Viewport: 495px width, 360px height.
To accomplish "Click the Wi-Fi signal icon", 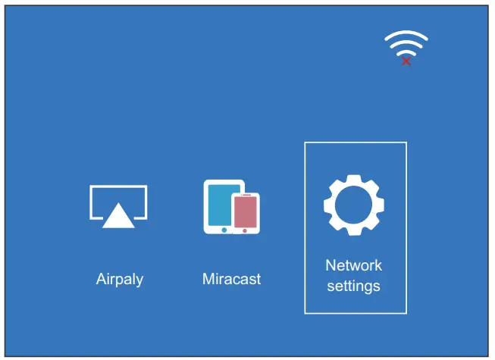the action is (406, 45).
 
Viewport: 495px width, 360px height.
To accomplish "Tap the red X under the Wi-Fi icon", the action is (406, 61).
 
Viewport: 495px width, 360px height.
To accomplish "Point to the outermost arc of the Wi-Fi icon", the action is (406, 34).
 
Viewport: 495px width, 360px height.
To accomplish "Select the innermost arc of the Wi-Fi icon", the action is (406, 52).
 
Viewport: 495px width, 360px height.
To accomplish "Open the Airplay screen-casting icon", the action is (118, 206).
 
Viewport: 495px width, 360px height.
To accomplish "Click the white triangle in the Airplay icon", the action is (118, 217).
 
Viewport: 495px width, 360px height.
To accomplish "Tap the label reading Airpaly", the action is (120, 279).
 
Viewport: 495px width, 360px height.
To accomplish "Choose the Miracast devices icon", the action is (231, 206).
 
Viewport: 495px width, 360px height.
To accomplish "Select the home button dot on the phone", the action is (245, 230).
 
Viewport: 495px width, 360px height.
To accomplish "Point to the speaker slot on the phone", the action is (246, 196).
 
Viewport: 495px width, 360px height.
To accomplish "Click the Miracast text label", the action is (231, 279).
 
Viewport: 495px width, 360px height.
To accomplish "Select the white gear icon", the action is (354, 205).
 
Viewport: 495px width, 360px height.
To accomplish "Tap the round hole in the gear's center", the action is (354, 205).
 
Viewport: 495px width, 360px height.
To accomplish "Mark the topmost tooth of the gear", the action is (354, 179).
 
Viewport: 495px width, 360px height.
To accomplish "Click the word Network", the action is (353, 265).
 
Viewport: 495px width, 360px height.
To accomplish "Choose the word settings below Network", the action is (353, 286).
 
